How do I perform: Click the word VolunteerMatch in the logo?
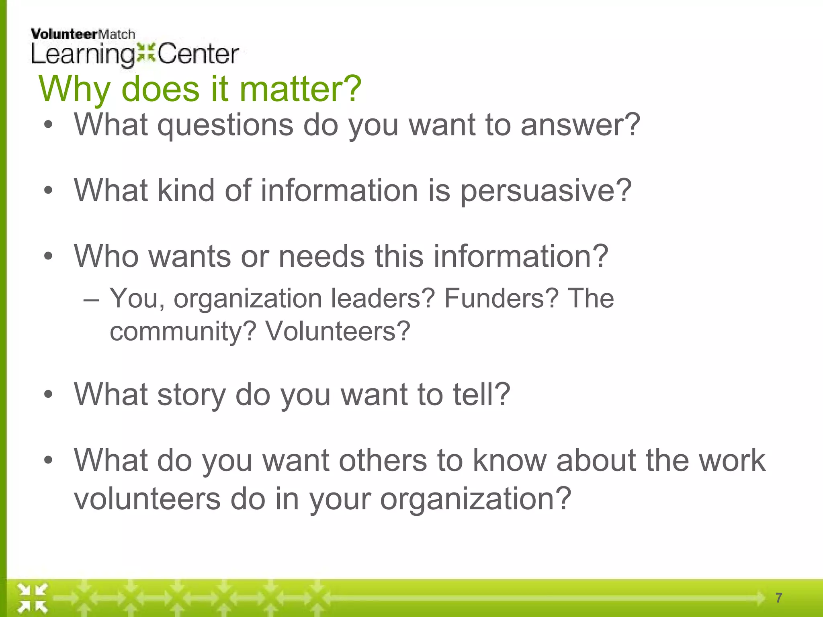point(83,34)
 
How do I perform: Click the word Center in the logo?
point(198,54)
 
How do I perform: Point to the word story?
point(191,395)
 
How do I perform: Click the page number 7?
point(779,598)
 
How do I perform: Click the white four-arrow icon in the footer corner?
point(33,598)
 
